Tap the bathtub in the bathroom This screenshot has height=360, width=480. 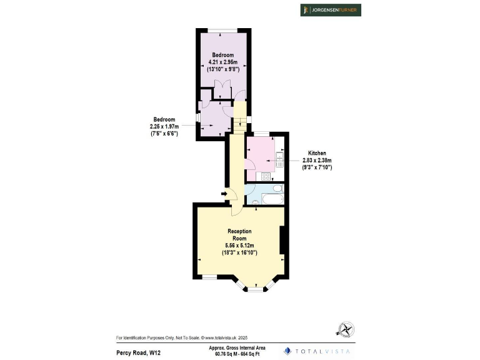point(269,199)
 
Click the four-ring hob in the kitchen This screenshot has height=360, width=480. point(266,176)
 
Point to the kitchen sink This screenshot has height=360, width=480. point(280,157)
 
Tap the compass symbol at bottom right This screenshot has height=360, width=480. point(346,329)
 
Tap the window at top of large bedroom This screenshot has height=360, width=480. point(224,30)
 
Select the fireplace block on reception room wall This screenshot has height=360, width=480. point(282,241)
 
